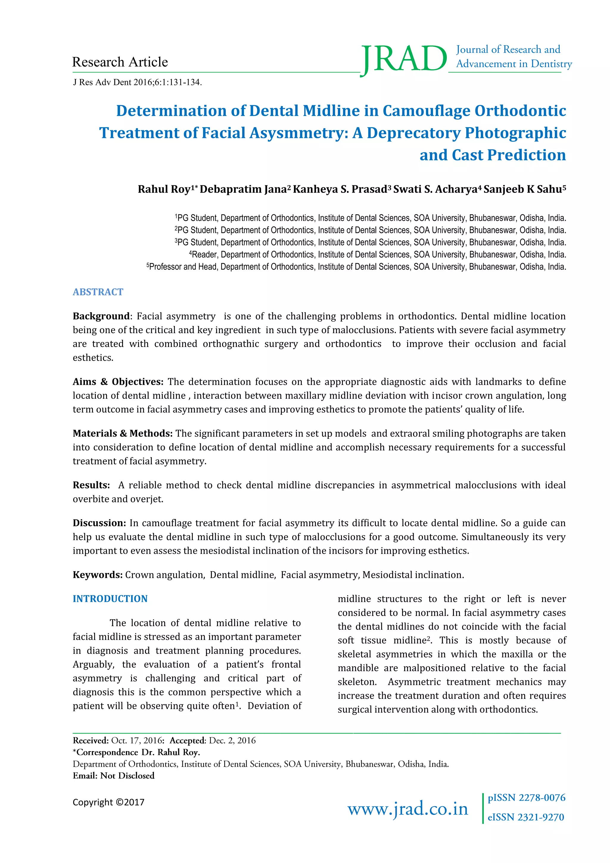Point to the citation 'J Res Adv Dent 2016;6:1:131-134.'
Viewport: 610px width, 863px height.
pyautogui.click(x=138, y=82)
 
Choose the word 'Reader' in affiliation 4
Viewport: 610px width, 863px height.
pyautogui.click(x=204, y=254)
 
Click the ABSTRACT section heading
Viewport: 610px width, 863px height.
pyautogui.click(x=98, y=292)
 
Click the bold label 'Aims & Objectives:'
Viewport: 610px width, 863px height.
pyautogui.click(x=118, y=382)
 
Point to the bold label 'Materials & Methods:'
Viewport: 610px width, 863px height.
pyautogui.click(x=122, y=433)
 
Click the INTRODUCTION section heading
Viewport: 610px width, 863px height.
pyautogui.click(x=110, y=599)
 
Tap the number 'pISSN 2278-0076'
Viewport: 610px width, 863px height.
pyautogui.click(x=526, y=798)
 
